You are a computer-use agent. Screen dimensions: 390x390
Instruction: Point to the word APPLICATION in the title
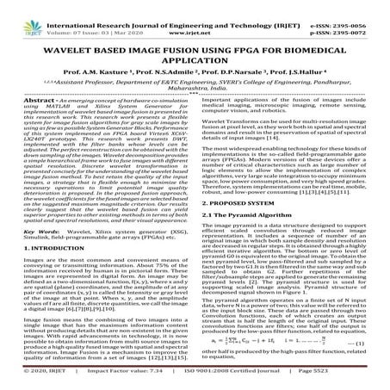coord(195,54)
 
